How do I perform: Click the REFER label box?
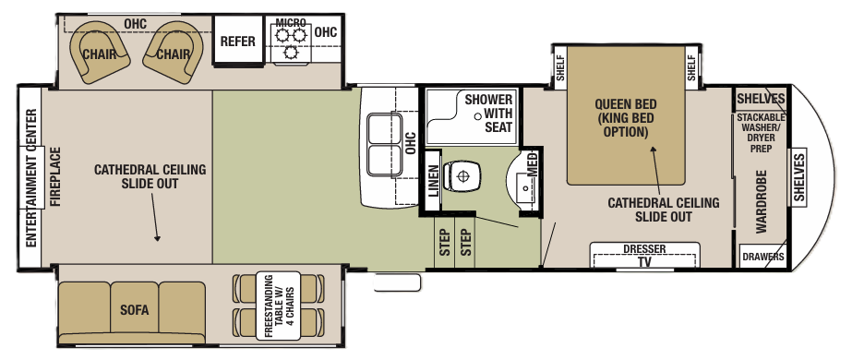(237, 42)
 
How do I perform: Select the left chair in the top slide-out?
(98, 52)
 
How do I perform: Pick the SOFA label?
(133, 308)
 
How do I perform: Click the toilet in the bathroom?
(462, 173)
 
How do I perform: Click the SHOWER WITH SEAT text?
(488, 113)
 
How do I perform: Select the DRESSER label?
(644, 249)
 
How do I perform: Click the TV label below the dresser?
(644, 261)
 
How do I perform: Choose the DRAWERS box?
(763, 257)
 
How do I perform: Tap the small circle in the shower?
(478, 115)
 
